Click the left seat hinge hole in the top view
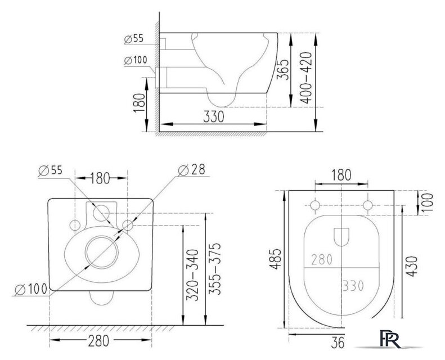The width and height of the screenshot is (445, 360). (x=316, y=205)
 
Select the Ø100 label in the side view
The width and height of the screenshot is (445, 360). (x=134, y=60)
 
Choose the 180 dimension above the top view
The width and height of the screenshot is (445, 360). (x=341, y=175)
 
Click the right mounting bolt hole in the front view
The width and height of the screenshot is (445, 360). (x=127, y=225)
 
